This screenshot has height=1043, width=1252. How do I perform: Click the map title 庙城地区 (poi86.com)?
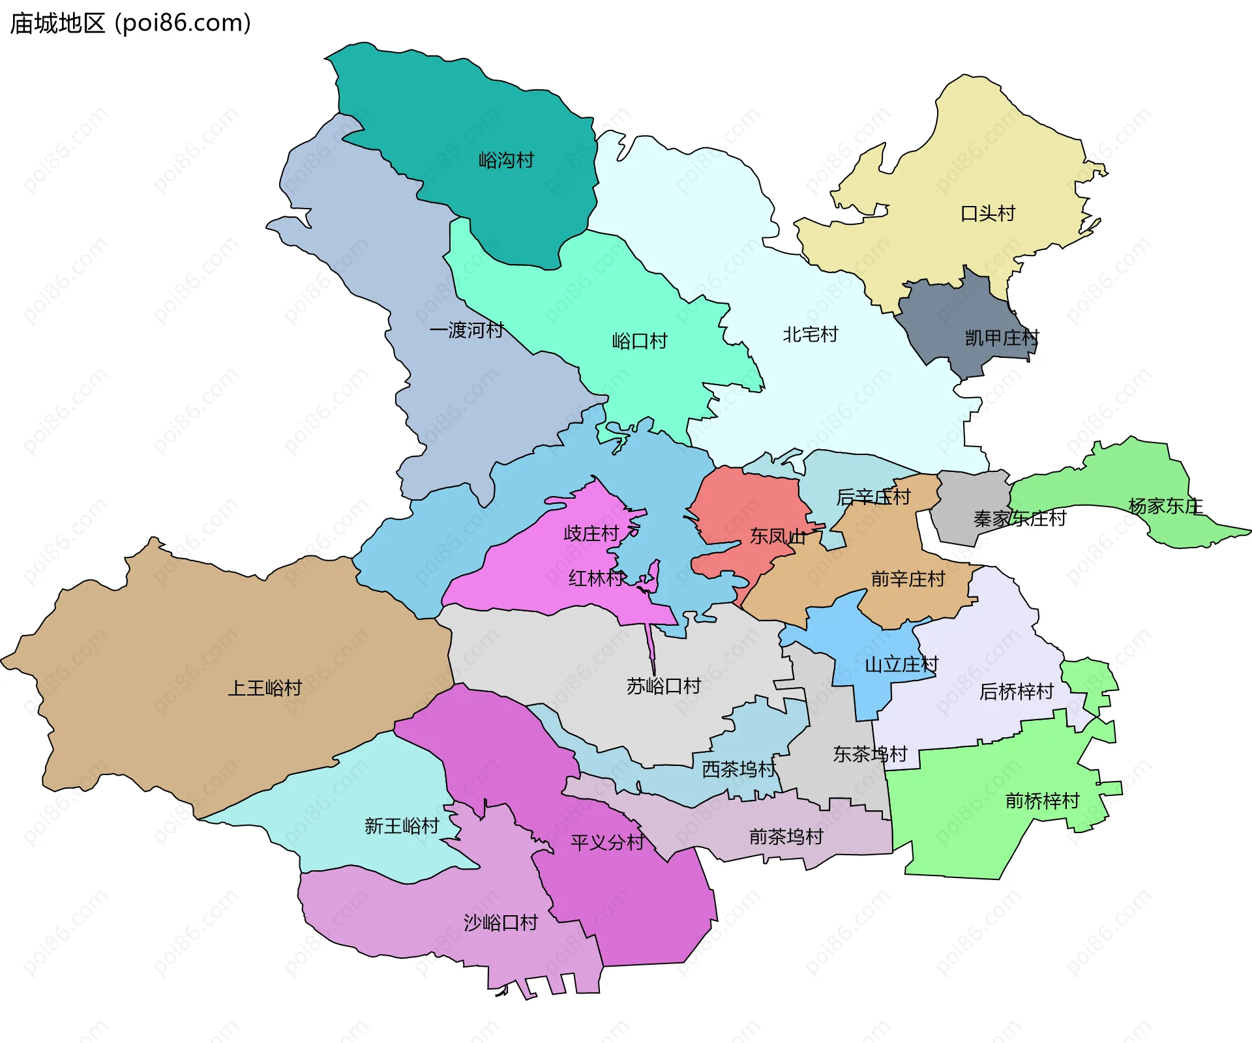pos(130,23)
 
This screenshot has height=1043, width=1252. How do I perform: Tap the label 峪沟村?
pos(506,160)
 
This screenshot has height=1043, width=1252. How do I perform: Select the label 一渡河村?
pos(467,331)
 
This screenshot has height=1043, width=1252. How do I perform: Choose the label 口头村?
pos(988,214)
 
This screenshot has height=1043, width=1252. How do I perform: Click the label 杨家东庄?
pos(1166,507)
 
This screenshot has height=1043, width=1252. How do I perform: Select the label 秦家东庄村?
pos(1020,519)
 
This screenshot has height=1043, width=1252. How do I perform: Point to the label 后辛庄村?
pos(874,497)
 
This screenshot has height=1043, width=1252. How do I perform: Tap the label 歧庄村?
pos(591,534)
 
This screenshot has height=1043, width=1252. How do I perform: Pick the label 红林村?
pos(597,578)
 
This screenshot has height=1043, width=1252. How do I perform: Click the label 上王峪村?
pos(265,688)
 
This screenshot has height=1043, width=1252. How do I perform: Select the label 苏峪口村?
pos(664,686)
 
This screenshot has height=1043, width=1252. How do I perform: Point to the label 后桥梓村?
pos(1017,692)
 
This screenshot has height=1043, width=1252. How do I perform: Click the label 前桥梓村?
pos(1043,801)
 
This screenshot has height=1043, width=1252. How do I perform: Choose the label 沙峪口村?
pos(501,923)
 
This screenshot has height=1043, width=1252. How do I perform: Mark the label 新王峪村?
pos(402,827)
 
